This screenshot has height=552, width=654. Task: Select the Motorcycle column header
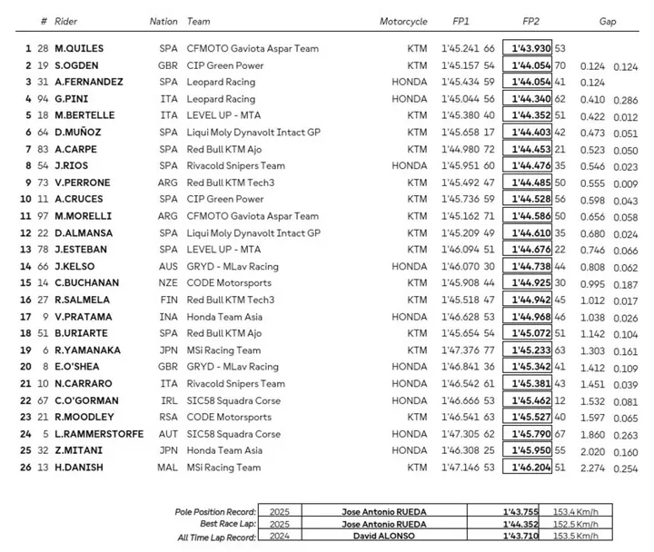click(403, 21)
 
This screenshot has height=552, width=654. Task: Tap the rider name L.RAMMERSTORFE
click(99, 434)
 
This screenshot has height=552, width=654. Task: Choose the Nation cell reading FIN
click(159, 301)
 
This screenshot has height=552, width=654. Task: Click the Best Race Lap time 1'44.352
click(519, 524)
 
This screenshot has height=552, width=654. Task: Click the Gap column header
click(608, 21)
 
